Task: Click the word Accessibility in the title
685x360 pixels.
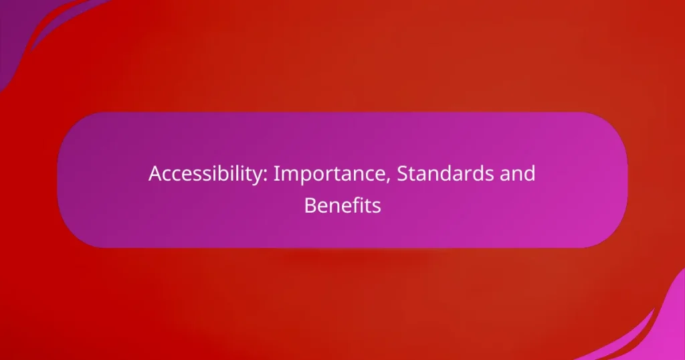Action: [x=208, y=175]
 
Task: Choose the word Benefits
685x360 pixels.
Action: [x=342, y=205]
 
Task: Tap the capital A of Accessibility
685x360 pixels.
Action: [x=156, y=174]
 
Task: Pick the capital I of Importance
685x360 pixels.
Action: [x=276, y=174]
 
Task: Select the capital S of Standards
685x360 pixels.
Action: [x=402, y=174]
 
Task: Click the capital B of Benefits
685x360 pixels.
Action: [x=310, y=206]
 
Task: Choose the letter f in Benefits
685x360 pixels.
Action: [x=357, y=205]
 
